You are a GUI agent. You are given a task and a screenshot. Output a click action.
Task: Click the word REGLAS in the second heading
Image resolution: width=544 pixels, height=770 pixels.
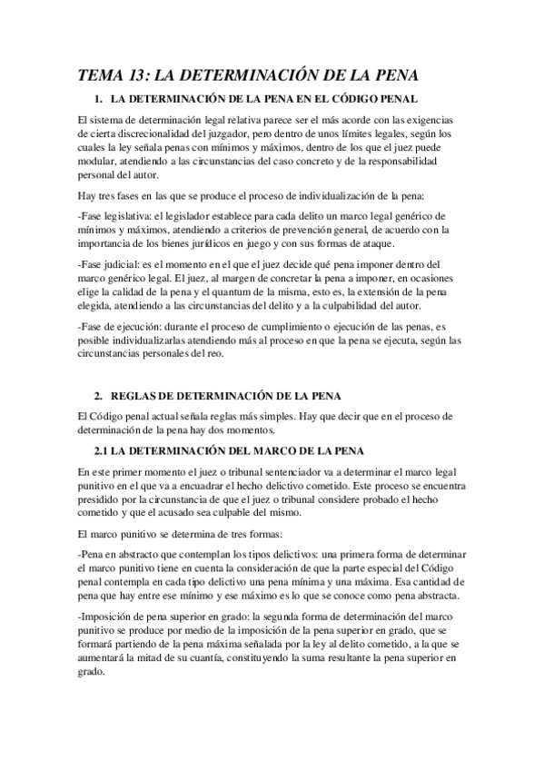[137, 396]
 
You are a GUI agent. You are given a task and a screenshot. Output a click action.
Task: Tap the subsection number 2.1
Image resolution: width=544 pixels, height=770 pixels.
[103, 451]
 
